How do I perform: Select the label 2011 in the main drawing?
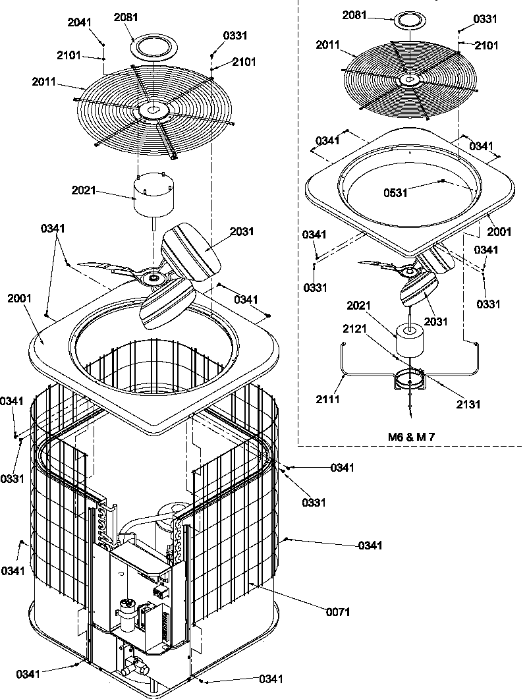(43, 82)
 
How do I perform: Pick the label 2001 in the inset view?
(500, 233)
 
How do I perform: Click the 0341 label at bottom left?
(28, 673)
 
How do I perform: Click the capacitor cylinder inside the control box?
(128, 609)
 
